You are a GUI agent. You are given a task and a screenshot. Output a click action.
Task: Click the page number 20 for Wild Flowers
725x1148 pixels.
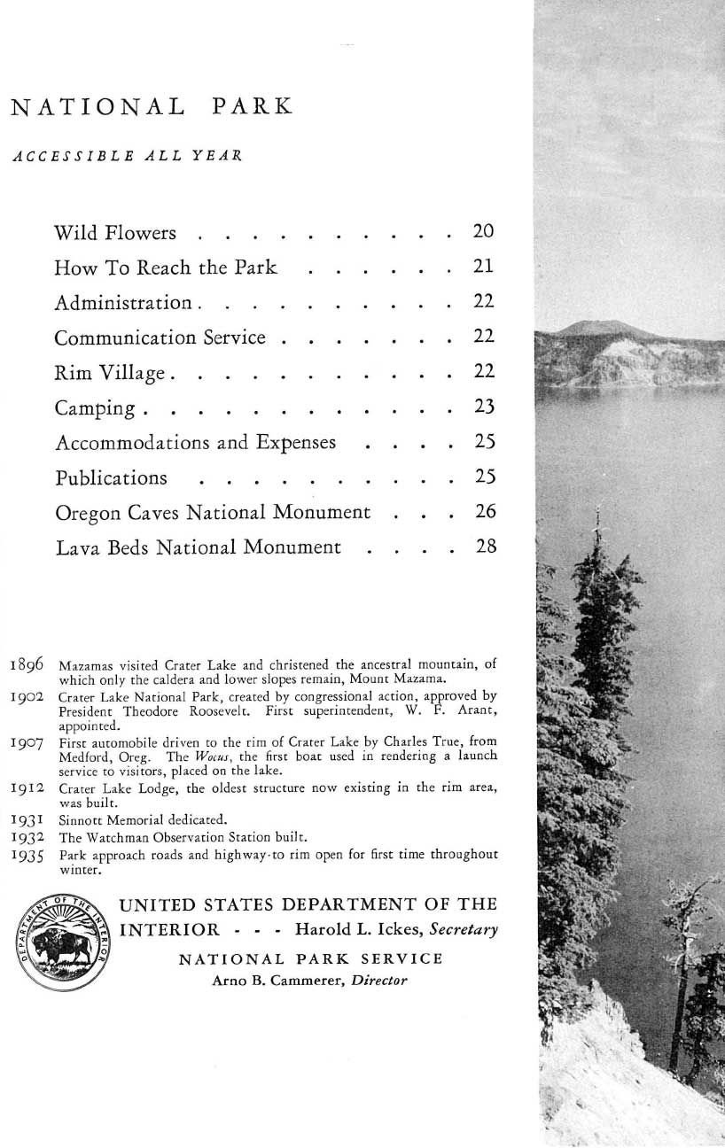(483, 232)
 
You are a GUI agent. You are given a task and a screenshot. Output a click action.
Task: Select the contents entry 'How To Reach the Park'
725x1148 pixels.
(166, 268)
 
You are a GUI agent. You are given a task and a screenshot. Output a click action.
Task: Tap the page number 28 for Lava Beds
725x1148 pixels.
(485, 547)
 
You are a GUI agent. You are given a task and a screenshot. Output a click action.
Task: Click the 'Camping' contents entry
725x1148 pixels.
(96, 408)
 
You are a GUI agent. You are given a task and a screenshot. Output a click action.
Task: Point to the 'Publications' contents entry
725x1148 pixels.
(111, 478)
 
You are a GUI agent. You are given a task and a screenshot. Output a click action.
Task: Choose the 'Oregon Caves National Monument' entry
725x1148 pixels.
(212, 513)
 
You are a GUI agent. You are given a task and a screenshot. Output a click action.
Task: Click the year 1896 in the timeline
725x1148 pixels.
(29, 662)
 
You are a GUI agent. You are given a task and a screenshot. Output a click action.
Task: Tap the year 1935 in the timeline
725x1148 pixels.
(29, 857)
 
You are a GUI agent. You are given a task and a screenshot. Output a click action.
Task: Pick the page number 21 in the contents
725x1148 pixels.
(483, 268)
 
